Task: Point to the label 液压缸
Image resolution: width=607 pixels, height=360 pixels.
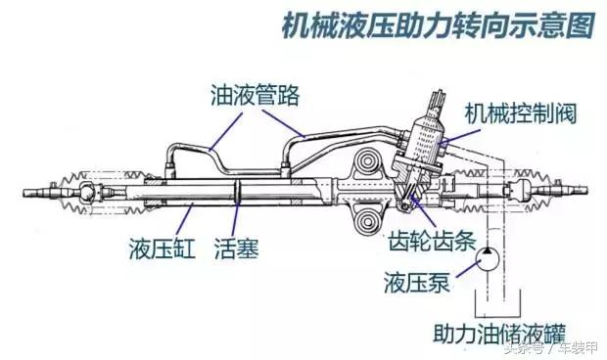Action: click(x=158, y=247)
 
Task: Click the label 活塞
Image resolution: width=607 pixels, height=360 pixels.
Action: click(x=236, y=247)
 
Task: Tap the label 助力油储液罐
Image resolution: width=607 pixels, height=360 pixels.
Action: click(x=493, y=331)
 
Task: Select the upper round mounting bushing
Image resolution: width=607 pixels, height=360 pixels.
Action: click(x=370, y=162)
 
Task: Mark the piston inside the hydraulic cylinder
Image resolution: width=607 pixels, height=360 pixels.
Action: click(x=238, y=193)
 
